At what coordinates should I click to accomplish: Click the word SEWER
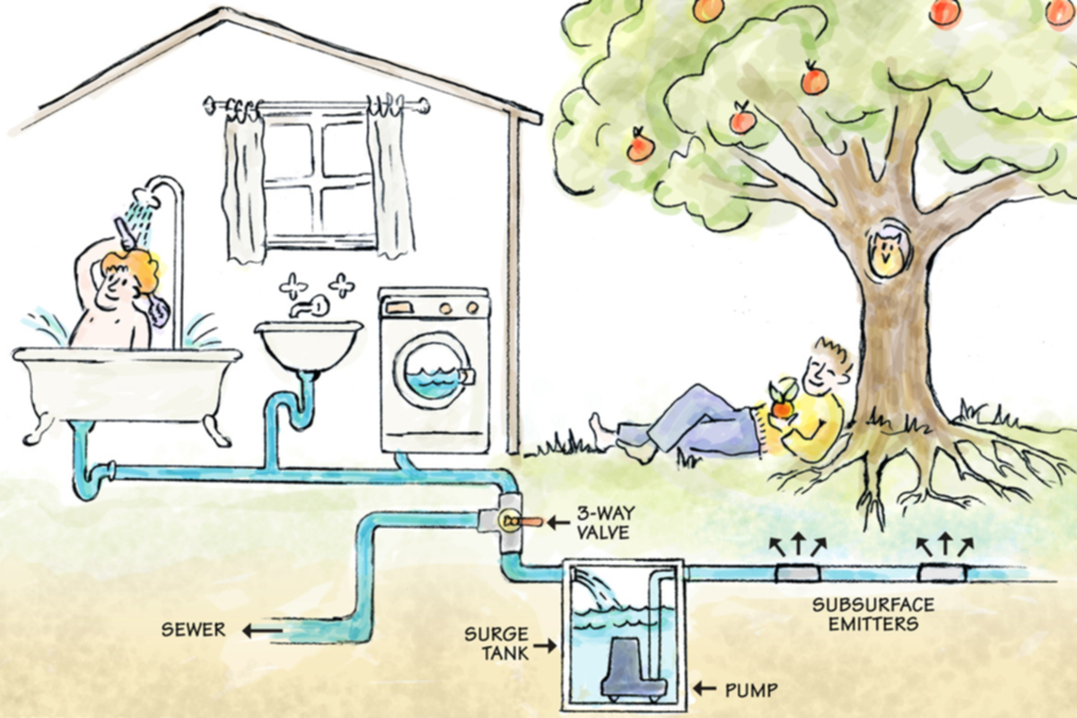pos(193,629)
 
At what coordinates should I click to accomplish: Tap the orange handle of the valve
pos(530,521)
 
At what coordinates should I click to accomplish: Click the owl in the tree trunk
pos(887,250)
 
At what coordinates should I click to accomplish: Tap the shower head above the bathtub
pos(141,196)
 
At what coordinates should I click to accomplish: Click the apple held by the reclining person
pos(783,408)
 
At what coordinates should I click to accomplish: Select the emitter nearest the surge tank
pos(798,574)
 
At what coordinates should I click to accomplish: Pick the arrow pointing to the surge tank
pos(544,645)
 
